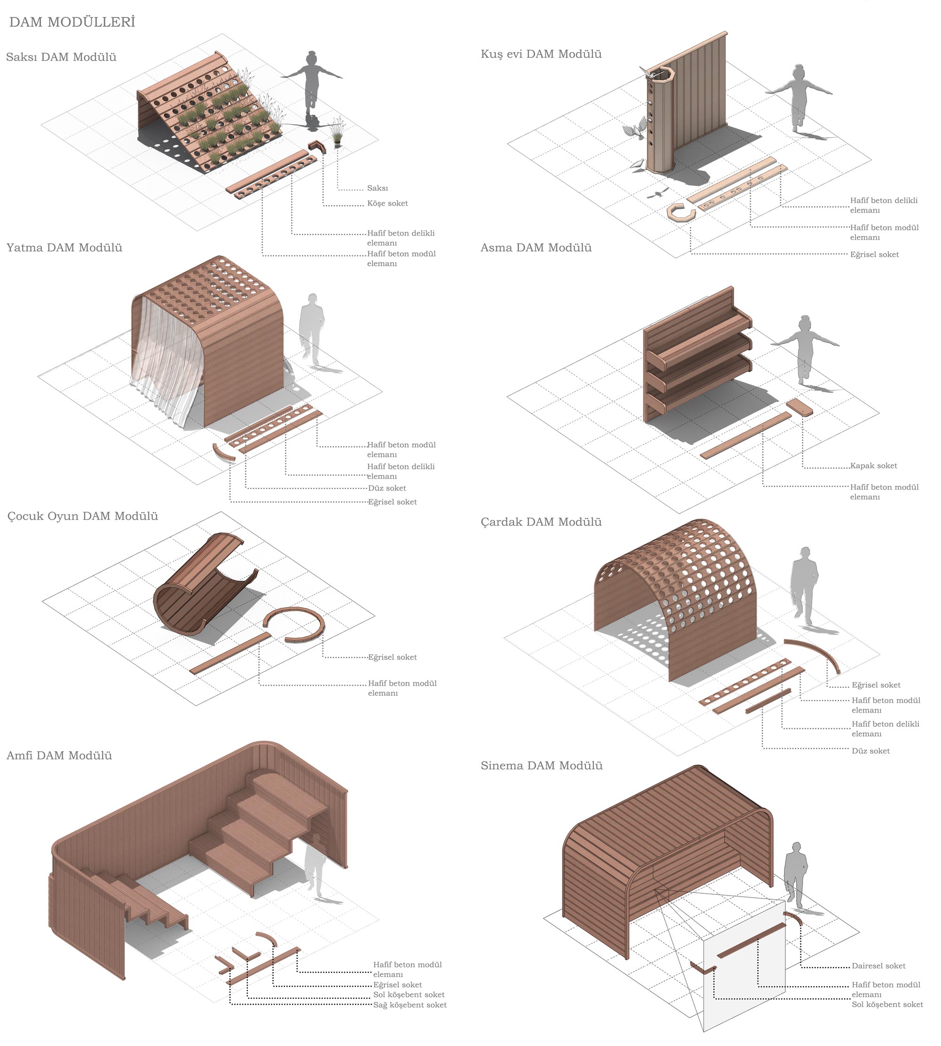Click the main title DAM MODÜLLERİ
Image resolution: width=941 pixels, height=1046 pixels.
tap(72, 22)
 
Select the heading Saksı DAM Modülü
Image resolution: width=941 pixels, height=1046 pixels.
tap(61, 57)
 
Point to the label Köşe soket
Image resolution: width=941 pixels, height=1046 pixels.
tap(387, 203)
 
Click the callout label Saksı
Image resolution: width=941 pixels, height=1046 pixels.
tap(377, 188)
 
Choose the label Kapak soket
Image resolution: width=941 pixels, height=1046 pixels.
tap(873, 466)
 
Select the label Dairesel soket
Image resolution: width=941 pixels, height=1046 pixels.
tap(878, 966)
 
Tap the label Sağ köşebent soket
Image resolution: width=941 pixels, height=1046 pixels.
tap(409, 1005)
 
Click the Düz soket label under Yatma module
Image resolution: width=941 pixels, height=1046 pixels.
tap(387, 488)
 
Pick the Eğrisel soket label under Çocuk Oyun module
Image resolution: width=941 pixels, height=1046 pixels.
tap(392, 658)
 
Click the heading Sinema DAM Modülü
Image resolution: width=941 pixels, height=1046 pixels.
tap(542, 766)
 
